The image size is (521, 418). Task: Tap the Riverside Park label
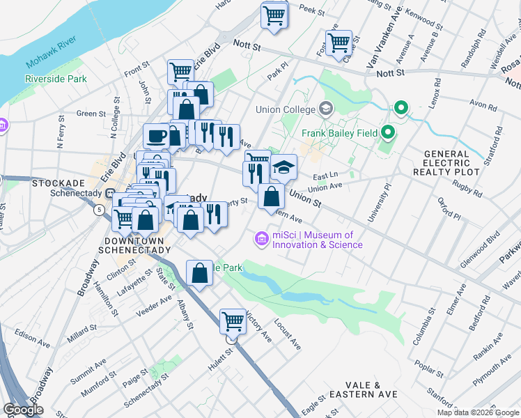(56, 79)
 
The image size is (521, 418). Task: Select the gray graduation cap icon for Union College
(325, 109)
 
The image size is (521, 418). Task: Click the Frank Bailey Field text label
(339, 133)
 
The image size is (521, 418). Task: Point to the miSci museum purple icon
(262, 239)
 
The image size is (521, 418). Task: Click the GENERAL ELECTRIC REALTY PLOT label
(446, 162)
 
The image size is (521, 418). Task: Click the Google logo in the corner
(23, 410)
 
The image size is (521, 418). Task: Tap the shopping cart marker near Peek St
(274, 15)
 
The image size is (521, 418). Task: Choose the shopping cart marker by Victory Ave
(233, 322)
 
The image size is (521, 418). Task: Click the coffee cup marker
(157, 136)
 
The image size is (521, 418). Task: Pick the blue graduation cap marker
(283, 167)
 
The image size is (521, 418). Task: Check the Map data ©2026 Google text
(477, 412)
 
